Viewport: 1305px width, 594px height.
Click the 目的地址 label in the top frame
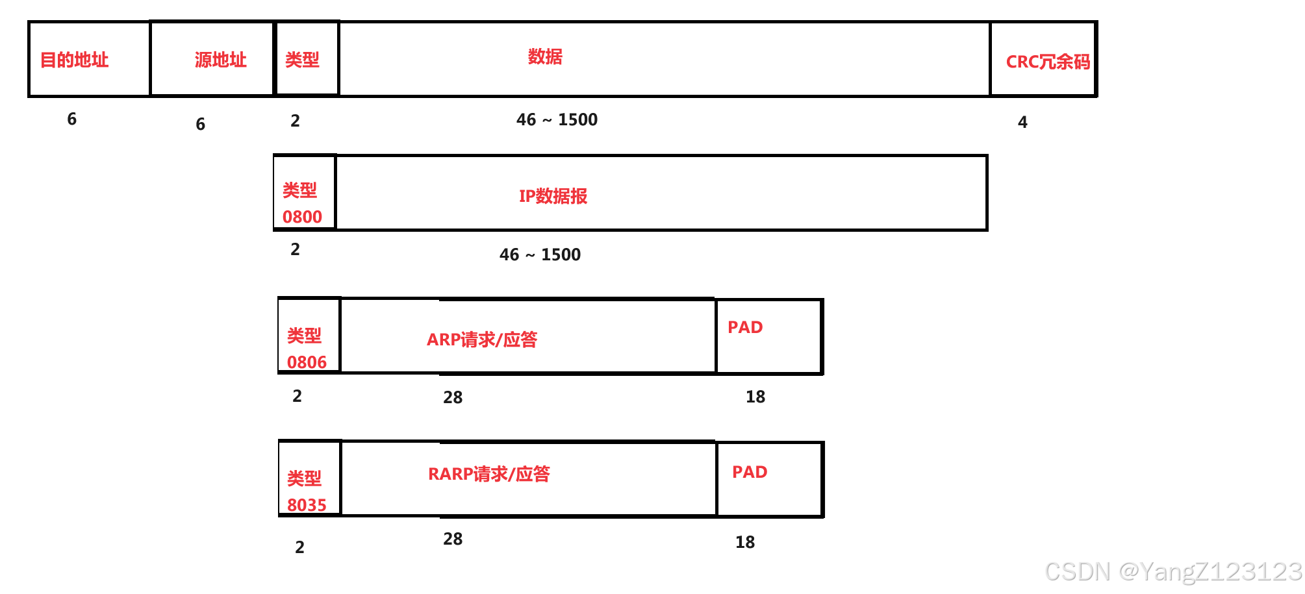(74, 60)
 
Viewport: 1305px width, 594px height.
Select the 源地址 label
(220, 60)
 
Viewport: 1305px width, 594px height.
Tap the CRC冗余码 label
(1047, 62)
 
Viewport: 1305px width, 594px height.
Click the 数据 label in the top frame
(544, 57)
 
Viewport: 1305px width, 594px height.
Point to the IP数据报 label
(553, 196)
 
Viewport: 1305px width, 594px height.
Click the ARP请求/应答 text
(481, 340)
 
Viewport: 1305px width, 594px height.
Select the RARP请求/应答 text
(488, 474)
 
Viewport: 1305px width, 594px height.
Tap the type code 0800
(302, 217)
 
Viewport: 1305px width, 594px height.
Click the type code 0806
(307, 362)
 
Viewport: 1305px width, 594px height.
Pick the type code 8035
(307, 505)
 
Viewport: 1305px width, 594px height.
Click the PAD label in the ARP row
(745, 327)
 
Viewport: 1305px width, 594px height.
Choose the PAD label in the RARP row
(750, 472)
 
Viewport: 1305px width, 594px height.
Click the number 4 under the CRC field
(1022, 122)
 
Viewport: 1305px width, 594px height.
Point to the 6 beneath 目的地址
(72, 119)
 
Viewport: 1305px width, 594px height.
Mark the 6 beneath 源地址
(201, 124)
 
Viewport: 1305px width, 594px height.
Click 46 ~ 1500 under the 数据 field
(557, 120)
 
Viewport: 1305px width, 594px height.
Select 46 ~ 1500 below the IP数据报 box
(540, 254)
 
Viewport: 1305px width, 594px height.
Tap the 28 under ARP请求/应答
(453, 397)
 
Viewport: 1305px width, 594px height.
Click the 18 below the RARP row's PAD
(745, 542)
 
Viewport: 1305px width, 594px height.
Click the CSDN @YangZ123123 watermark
(1173, 572)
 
